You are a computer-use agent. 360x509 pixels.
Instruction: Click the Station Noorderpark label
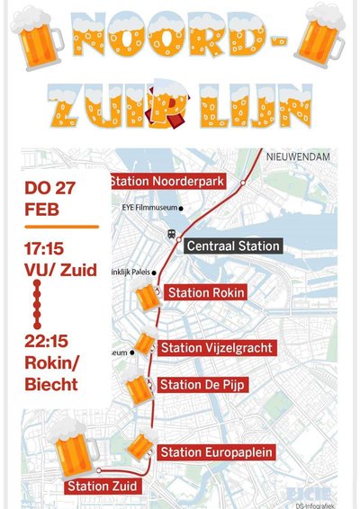point(167,182)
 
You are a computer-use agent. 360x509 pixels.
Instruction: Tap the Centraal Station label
point(232,246)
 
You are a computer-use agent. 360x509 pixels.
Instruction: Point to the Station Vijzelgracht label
point(217,348)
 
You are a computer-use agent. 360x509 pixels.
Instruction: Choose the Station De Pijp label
point(203,385)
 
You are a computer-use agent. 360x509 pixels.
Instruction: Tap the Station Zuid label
point(103,487)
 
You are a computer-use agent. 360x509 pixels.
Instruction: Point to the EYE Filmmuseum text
point(148,208)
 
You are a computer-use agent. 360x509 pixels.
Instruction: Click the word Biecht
point(52,385)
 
